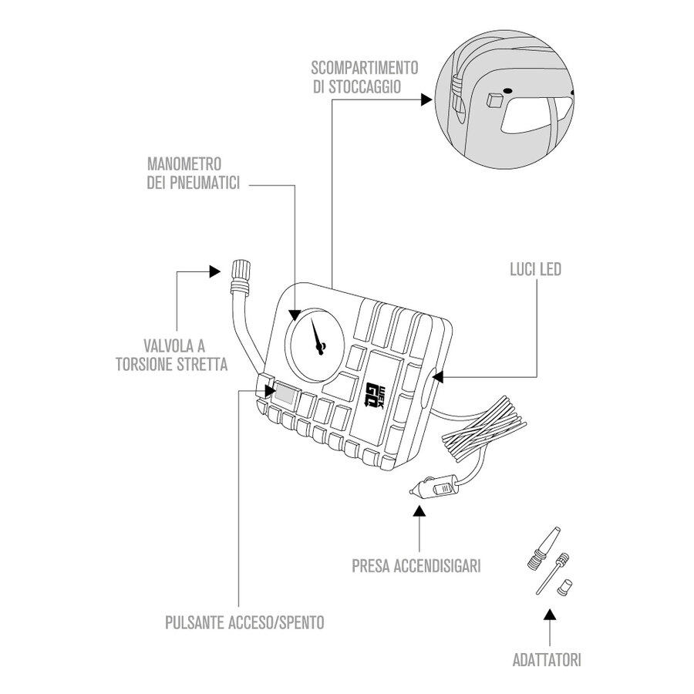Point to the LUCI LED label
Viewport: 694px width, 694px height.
(x=535, y=270)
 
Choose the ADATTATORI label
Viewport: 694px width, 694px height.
(x=547, y=660)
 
